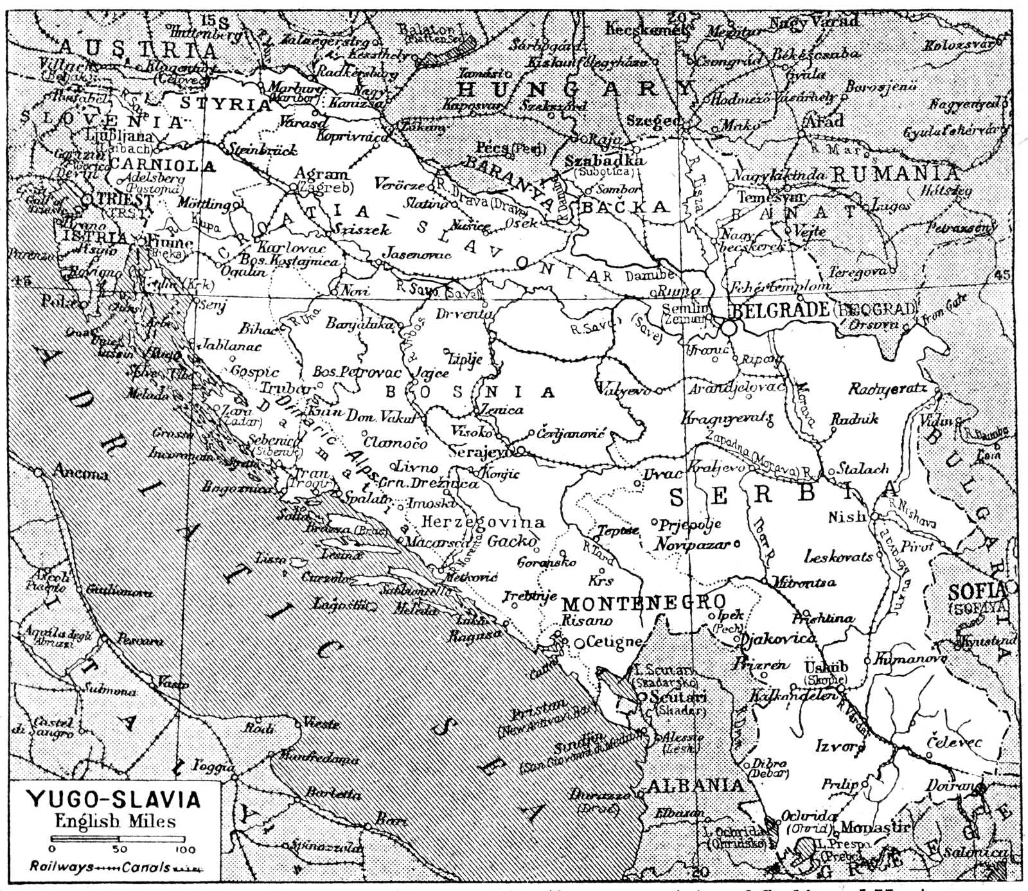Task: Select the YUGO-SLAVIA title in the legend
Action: (x=113, y=800)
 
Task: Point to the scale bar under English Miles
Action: (x=118, y=839)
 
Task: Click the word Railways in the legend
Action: (x=57, y=867)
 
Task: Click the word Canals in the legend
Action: (x=146, y=867)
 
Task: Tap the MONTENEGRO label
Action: (x=644, y=603)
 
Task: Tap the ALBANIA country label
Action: (x=695, y=785)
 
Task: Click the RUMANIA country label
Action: (x=895, y=173)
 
